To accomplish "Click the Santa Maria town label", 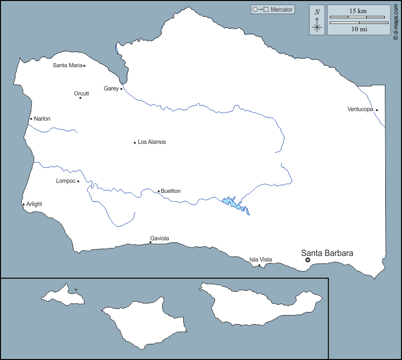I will click(x=68, y=65).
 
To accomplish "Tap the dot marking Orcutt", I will click(x=80, y=97).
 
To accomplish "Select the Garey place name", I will click(x=111, y=88).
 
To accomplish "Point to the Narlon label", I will click(x=42, y=119).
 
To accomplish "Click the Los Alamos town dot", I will click(x=135, y=142).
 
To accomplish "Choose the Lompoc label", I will click(x=66, y=181).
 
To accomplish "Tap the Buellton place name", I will click(x=171, y=191).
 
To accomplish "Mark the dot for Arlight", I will click(x=23, y=204).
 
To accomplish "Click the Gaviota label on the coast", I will click(x=160, y=238).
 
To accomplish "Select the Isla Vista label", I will click(x=261, y=260).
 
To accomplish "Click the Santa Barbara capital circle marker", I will click(x=308, y=260).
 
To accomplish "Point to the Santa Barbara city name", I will click(x=327, y=253).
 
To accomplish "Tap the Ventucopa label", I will click(x=360, y=109).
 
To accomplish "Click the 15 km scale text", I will click(x=359, y=11).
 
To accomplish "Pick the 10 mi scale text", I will click(x=359, y=29).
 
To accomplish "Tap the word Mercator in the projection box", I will click(x=281, y=10).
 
